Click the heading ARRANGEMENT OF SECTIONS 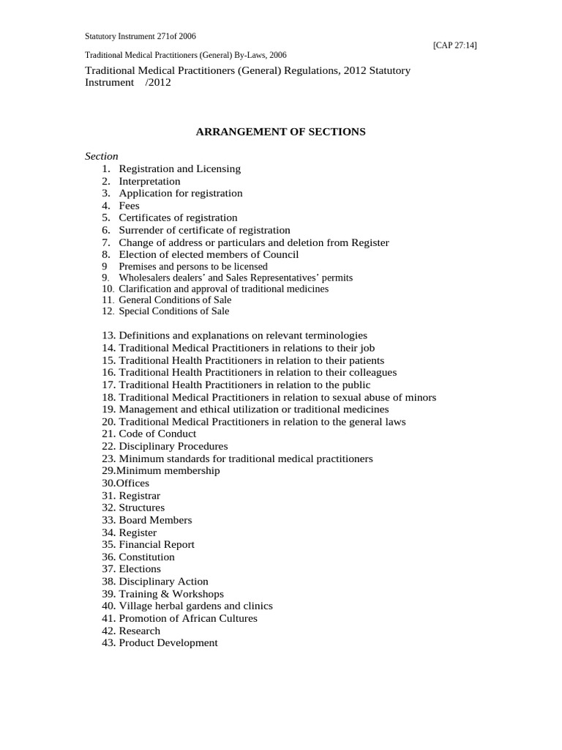[x=280, y=132]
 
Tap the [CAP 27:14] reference [x=455, y=45]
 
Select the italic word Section [x=102, y=156]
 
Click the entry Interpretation [x=149, y=181]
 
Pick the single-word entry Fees [x=129, y=206]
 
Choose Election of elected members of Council [x=209, y=254]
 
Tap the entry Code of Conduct [x=157, y=434]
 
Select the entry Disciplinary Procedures [x=173, y=446]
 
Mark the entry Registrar [x=140, y=496]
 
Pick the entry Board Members [x=155, y=520]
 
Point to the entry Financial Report [x=157, y=544]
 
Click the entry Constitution [x=147, y=557]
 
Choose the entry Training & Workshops [x=171, y=594]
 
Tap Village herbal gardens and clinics [x=195, y=606]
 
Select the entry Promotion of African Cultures [x=188, y=618]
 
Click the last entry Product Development [x=168, y=642]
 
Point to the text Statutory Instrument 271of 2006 [x=140, y=36]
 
